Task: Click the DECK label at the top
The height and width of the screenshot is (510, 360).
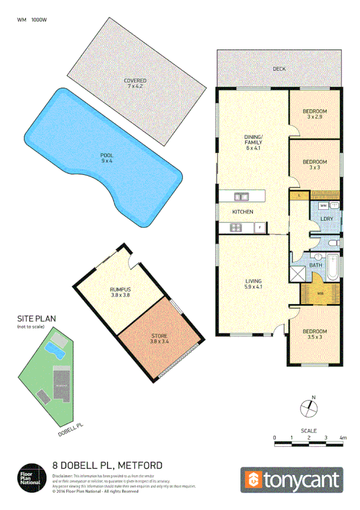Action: (x=279, y=69)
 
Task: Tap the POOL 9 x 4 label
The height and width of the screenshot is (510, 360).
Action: (x=106, y=159)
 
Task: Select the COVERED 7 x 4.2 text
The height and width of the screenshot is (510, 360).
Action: (x=135, y=84)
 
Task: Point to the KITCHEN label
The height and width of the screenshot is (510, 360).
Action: (x=242, y=212)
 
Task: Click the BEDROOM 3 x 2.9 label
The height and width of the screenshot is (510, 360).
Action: (x=314, y=114)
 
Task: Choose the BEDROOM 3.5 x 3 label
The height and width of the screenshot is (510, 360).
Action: (x=314, y=334)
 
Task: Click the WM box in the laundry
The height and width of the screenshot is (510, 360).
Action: (x=323, y=206)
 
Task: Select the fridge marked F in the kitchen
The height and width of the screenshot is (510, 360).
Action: (x=260, y=227)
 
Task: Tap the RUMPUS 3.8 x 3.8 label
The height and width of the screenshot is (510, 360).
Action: (x=120, y=292)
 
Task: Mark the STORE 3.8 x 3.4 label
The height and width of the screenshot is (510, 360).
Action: (x=159, y=338)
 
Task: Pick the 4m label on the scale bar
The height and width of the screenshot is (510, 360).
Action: (x=343, y=437)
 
